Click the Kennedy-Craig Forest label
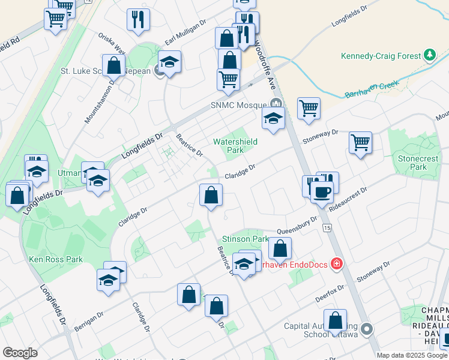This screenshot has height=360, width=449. pos(381,56)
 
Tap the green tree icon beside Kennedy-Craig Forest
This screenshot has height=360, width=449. pos(429,56)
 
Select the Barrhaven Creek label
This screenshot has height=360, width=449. pos(372,91)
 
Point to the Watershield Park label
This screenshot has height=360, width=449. pos(235,146)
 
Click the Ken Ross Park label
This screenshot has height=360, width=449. pos(56,259)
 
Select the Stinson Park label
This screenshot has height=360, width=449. pos(246,239)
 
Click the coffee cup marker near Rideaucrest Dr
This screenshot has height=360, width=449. pos(321,193)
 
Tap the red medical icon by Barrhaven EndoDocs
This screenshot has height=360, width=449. pos(337,263)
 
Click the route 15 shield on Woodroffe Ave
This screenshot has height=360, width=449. pos(327,228)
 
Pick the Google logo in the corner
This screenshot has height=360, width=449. pos(20,352)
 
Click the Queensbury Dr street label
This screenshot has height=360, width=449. pos(297,227)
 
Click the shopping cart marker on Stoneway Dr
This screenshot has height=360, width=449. pos(360,143)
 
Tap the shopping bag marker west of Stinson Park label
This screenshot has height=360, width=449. pos(211,196)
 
